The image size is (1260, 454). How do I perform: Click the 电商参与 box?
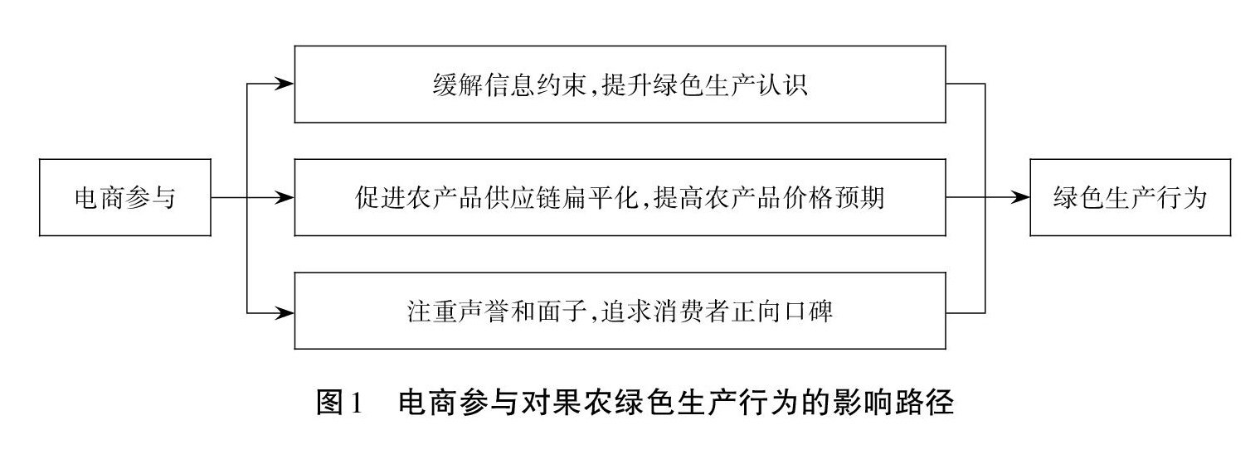pyautogui.click(x=125, y=199)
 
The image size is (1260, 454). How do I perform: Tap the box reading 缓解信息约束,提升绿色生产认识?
pyautogui.click(x=620, y=85)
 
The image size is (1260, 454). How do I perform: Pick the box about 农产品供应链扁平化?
pyautogui.click(x=620, y=199)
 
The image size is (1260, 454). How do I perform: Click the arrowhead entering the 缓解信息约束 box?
pyautogui.click(x=285, y=85)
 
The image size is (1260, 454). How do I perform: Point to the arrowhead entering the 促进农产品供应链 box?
pyautogui.click(x=285, y=199)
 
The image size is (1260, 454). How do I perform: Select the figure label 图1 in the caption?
pyautogui.click(x=340, y=405)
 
